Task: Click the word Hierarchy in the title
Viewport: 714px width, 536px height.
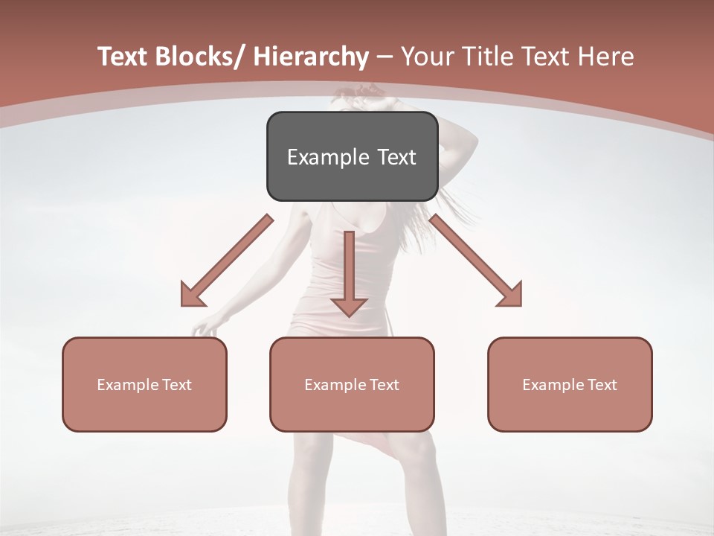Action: coord(310,57)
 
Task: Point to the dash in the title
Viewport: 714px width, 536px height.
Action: coord(385,57)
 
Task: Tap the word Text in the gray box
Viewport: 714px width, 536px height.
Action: coord(395,157)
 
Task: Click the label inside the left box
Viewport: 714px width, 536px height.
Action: coord(144,385)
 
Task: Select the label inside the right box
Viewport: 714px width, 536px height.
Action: coord(570,385)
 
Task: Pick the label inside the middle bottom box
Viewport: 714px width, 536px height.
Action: coord(352,385)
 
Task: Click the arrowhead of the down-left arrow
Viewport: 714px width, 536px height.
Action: coord(192,296)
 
